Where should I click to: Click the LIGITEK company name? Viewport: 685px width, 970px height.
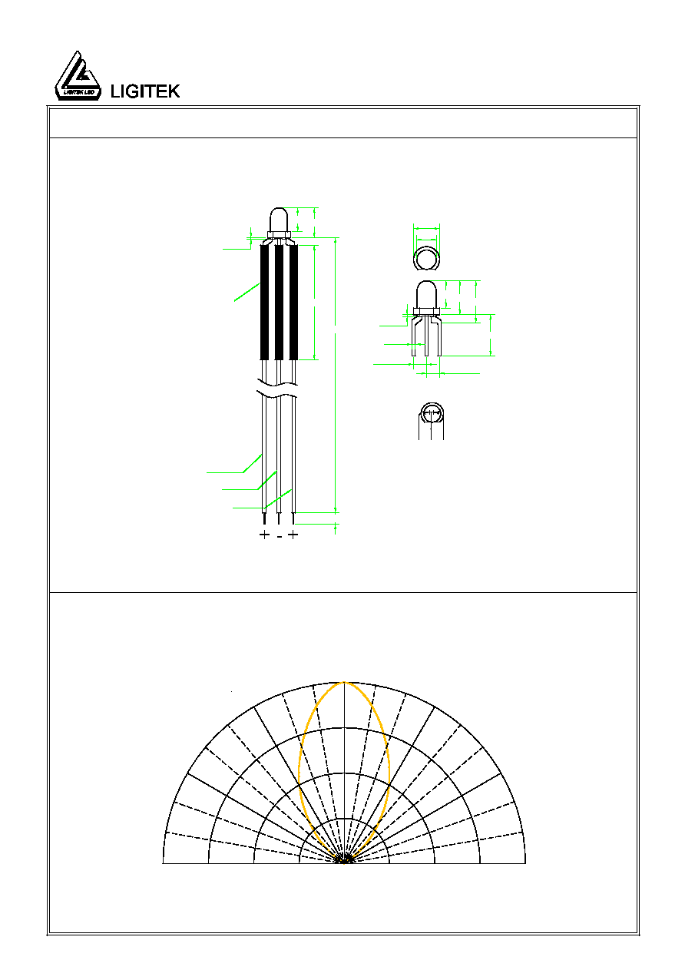(x=145, y=91)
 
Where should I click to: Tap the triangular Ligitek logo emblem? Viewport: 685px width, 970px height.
(x=78, y=76)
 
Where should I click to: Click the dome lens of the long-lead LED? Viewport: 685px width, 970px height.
(x=279, y=220)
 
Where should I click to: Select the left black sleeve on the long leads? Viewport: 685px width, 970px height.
(x=264, y=303)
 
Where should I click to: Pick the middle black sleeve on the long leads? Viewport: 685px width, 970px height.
(x=279, y=303)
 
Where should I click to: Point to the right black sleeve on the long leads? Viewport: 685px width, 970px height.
(x=293, y=303)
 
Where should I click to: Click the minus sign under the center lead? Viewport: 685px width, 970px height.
(x=280, y=537)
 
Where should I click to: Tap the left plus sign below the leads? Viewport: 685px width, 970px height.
(x=264, y=535)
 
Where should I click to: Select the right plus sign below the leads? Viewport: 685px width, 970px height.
(x=293, y=535)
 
